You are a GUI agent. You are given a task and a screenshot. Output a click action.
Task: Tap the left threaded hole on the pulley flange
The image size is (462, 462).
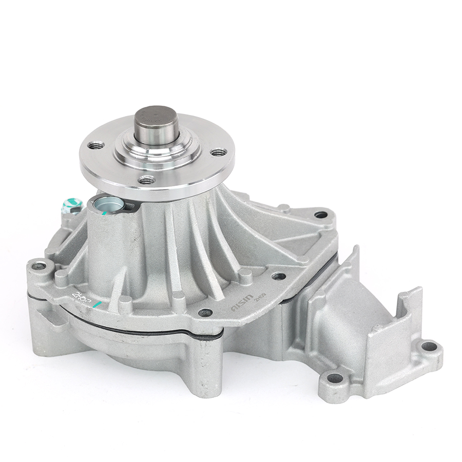pos(95,146)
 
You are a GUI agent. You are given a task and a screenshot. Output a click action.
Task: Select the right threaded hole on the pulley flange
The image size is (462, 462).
pos(219,152)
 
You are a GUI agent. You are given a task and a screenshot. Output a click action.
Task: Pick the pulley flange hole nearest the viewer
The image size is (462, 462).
pos(147,180)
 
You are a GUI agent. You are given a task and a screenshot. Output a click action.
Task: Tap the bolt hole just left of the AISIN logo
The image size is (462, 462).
pos(205,312)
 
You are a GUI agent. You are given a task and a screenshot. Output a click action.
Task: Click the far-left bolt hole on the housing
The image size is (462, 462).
pos(38,266)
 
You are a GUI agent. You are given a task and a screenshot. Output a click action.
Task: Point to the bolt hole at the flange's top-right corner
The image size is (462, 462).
pos(321,215)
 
